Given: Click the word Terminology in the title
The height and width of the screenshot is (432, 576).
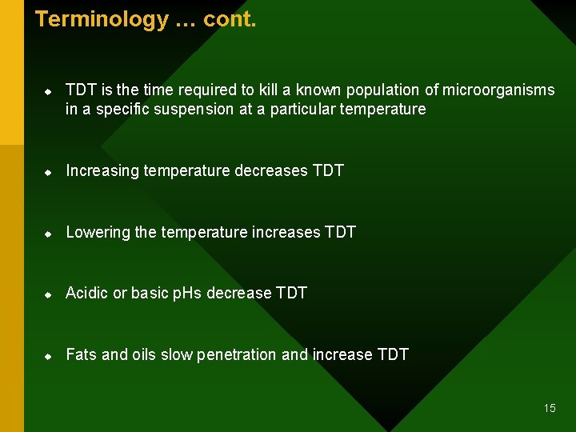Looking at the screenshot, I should (x=102, y=19).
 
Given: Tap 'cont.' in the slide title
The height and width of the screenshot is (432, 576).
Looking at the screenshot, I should (x=230, y=19).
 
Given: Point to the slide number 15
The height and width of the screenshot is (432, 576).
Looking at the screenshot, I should (x=550, y=408).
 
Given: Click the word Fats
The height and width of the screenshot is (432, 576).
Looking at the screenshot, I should (x=82, y=354).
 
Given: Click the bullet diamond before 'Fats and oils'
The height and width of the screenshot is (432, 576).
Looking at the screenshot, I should (x=48, y=355).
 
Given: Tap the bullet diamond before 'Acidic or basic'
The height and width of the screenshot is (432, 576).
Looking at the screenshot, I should (x=48, y=294).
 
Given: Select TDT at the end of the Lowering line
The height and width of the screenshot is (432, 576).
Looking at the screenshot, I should (x=340, y=233).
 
